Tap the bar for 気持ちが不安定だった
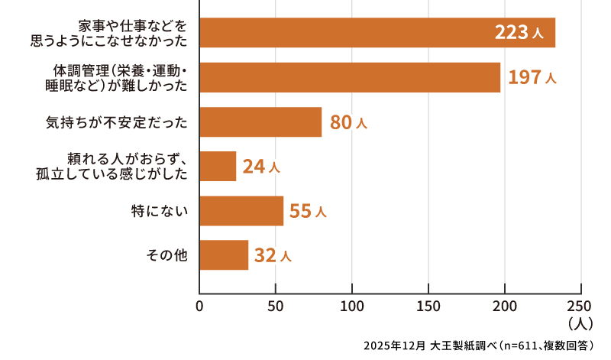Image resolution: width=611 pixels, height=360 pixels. [260, 122]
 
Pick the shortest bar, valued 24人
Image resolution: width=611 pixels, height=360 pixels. [218, 166]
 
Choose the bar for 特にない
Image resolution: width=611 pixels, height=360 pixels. [241, 210]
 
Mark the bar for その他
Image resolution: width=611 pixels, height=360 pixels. [224, 255]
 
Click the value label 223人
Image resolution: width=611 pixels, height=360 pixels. [519, 33]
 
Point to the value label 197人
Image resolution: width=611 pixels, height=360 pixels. [532, 77]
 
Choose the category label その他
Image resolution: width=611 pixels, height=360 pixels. [166, 255]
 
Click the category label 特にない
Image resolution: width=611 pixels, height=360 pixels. [160, 210]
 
